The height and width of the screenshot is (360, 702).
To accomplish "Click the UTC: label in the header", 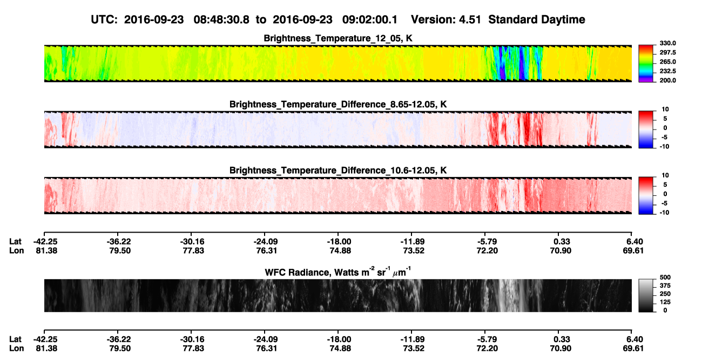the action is (x=104, y=20).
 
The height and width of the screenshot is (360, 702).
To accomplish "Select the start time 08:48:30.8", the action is (x=221, y=20).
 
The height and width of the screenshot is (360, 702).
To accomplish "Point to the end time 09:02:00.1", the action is (x=369, y=20).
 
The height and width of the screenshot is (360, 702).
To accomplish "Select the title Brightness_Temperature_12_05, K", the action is (x=338, y=38).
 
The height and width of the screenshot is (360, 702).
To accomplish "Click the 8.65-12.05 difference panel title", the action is (x=338, y=104).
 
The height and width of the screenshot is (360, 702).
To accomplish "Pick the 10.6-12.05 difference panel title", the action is (x=338, y=171).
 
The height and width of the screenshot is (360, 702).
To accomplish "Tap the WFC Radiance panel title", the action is (x=338, y=272).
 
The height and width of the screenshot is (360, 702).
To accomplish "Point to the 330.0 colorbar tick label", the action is (x=667, y=43).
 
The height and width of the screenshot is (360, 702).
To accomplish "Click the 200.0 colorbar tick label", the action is (x=667, y=80).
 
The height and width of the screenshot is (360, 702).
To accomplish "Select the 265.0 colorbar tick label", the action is (x=667, y=62).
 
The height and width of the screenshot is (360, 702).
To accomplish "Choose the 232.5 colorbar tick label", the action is (x=667, y=71).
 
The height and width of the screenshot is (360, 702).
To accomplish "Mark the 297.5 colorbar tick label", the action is (x=667, y=52).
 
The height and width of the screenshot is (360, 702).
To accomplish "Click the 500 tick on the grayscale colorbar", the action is (x=665, y=277).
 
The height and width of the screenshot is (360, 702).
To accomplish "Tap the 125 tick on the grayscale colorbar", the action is (x=665, y=302).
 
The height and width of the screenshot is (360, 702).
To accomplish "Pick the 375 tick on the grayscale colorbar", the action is (x=665, y=286).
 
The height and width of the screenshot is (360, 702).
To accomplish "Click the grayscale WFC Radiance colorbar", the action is (x=646, y=295).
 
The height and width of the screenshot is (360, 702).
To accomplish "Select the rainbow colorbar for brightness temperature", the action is (x=646, y=64).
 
